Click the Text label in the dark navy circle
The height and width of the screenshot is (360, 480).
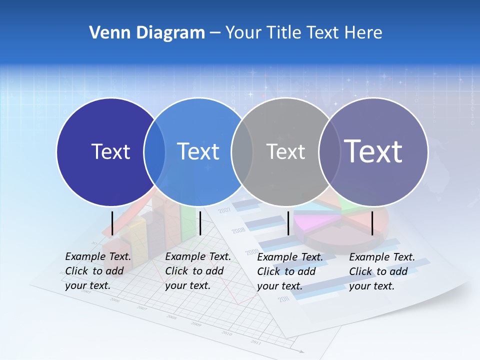[110, 151]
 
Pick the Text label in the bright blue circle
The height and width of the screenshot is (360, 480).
[198, 151]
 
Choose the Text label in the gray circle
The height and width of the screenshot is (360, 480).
[285, 151]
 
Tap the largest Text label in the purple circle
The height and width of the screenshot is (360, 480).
[373, 151]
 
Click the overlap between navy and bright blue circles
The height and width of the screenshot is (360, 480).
[154, 151]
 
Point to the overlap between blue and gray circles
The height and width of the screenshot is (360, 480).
[242, 151]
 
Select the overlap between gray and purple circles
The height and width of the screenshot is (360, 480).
[329, 151]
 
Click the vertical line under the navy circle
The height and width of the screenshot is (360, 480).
[112, 222]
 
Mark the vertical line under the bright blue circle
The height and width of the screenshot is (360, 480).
[200, 222]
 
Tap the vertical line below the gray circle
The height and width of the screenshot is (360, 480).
[288, 222]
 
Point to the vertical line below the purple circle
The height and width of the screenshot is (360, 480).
[372, 222]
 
